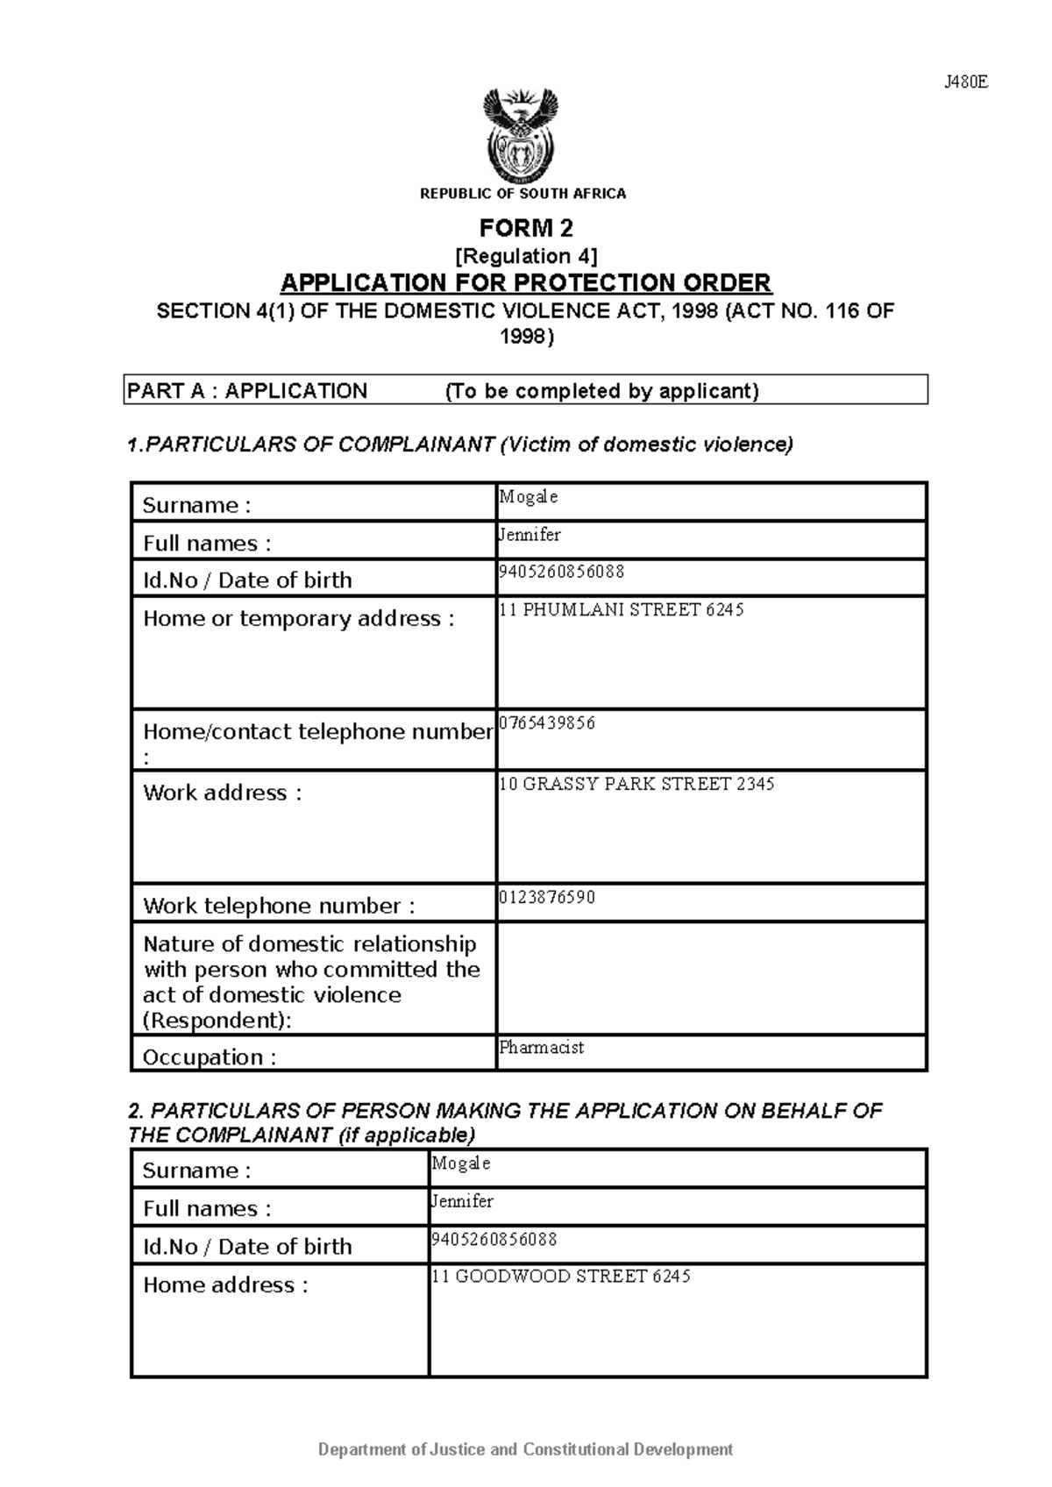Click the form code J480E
[x=965, y=82]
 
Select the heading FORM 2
[x=525, y=229]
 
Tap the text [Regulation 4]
[x=525, y=256]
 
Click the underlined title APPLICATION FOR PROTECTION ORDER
[x=525, y=283]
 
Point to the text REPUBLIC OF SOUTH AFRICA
[x=522, y=194]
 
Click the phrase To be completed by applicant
[x=601, y=391]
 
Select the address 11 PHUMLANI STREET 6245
[x=621, y=609]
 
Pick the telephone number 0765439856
[x=547, y=723]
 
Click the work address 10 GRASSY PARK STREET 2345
[x=636, y=784]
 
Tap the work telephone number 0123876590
[x=547, y=897]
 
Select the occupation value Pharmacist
[x=541, y=1047]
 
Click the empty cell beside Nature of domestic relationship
[x=711, y=978]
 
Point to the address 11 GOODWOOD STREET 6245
[x=561, y=1276]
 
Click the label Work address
[x=222, y=793]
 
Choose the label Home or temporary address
[x=298, y=618]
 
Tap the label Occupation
[x=209, y=1057]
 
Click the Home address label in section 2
[x=225, y=1284]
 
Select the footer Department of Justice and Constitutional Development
[x=525, y=1449]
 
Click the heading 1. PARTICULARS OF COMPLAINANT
[x=459, y=445]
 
